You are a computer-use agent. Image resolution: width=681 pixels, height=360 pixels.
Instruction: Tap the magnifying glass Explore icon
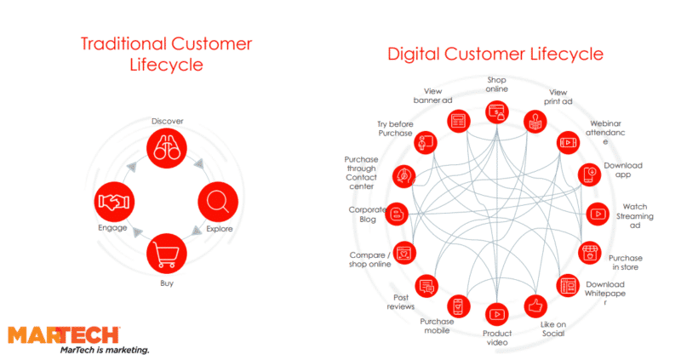(x=217, y=203)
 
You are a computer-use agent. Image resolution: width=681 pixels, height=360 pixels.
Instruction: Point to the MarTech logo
(x=64, y=334)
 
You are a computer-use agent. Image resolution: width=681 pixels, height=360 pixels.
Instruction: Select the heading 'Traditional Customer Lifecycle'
(x=166, y=54)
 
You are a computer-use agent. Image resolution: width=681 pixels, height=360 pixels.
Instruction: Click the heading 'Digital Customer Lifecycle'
(x=495, y=54)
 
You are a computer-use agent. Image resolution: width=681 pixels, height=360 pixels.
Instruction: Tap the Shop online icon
(x=496, y=111)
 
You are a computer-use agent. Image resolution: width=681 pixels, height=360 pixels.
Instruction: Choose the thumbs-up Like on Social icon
(x=535, y=305)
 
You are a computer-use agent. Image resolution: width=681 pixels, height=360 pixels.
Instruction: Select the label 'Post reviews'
(x=401, y=302)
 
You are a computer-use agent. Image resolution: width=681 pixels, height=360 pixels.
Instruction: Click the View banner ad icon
(x=459, y=119)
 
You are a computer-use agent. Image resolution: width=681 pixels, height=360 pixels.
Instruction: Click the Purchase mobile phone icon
(x=459, y=306)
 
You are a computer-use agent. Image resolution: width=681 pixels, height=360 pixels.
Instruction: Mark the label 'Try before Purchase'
(x=394, y=129)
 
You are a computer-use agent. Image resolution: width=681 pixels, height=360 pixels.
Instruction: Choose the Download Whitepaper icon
(x=568, y=285)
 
